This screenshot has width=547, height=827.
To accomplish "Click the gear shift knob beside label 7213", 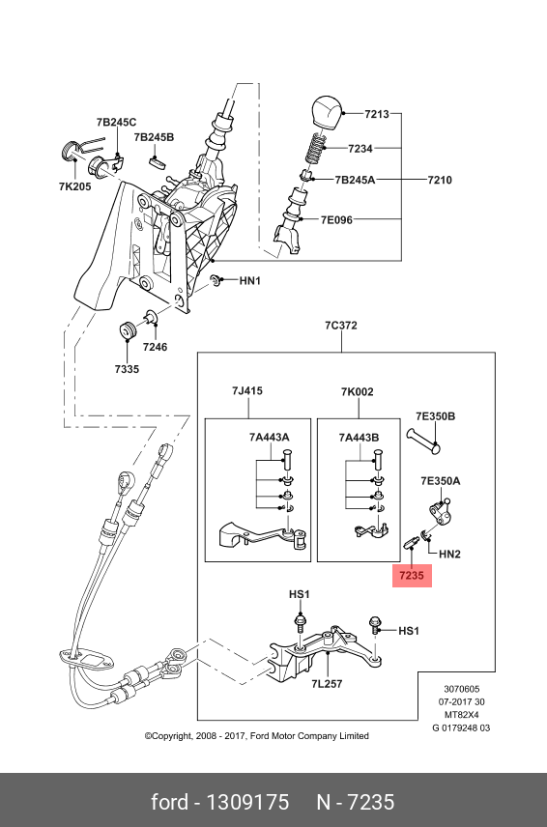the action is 328,112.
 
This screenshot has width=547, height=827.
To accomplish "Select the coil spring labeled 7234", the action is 315,148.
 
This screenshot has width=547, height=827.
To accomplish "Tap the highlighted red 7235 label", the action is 412,575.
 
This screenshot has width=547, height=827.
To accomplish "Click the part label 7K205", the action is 75,186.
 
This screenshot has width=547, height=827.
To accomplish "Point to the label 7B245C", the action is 116,123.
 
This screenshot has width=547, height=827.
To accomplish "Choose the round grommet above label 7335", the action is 128,329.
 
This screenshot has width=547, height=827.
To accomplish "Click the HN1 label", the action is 250,280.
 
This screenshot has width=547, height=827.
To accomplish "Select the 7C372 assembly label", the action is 341,326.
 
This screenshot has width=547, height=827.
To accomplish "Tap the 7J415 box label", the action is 246,391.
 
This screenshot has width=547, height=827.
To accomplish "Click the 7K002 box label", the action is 358,392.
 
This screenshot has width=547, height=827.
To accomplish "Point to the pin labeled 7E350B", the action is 423,441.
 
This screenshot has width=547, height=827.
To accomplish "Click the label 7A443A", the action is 269,438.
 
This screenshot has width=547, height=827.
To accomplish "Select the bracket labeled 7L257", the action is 326,650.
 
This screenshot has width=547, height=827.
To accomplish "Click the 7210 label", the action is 440,180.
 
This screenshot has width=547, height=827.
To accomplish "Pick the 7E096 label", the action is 336,220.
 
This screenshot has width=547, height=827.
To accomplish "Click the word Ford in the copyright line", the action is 260,736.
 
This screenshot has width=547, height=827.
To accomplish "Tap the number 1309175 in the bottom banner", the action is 247,802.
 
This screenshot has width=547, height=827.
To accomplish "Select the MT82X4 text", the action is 461,715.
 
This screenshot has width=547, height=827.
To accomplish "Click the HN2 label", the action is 449,554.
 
